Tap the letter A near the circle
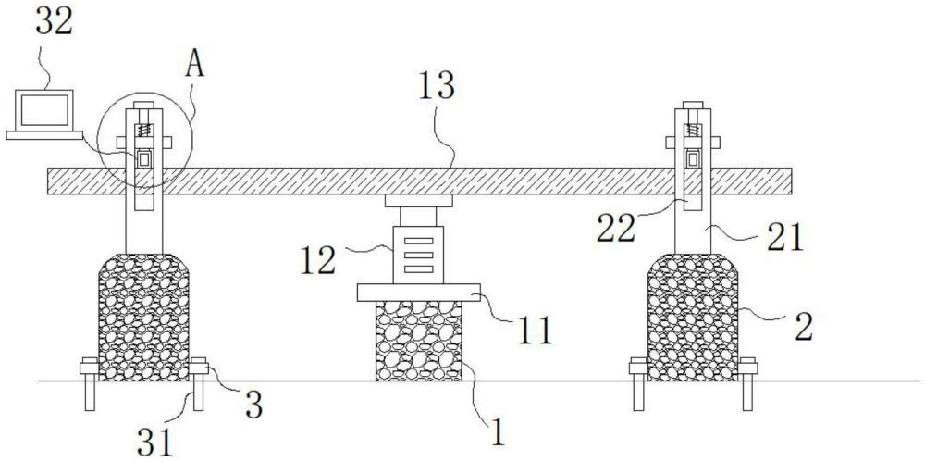point(196,67)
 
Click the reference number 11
point(536,331)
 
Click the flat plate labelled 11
point(418,293)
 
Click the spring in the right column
point(692,135)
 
